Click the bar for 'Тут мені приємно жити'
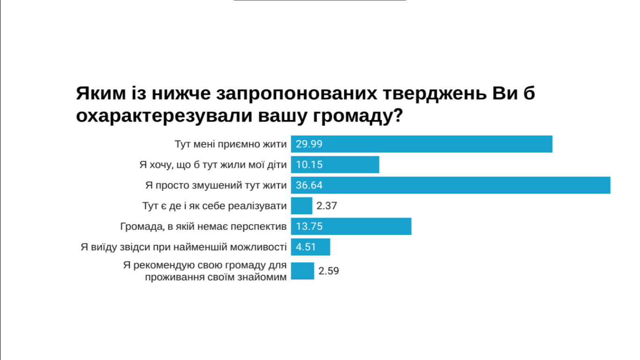(x=421, y=144)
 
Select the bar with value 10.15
(x=335, y=165)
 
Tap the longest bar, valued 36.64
(x=451, y=185)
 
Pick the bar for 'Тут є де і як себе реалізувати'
(x=301, y=206)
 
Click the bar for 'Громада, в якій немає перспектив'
(x=351, y=226)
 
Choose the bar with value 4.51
(x=310, y=247)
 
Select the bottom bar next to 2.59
(x=302, y=271)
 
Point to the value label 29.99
(x=309, y=144)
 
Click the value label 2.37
(x=327, y=206)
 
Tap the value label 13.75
(x=309, y=226)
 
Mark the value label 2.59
(x=328, y=271)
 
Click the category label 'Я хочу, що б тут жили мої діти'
(x=213, y=165)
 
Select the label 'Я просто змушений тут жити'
(x=216, y=185)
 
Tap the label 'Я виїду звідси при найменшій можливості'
(x=184, y=247)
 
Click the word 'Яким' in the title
(x=101, y=93)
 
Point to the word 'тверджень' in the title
(x=434, y=93)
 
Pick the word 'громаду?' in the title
(x=358, y=116)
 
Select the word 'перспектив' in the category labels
(x=258, y=226)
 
